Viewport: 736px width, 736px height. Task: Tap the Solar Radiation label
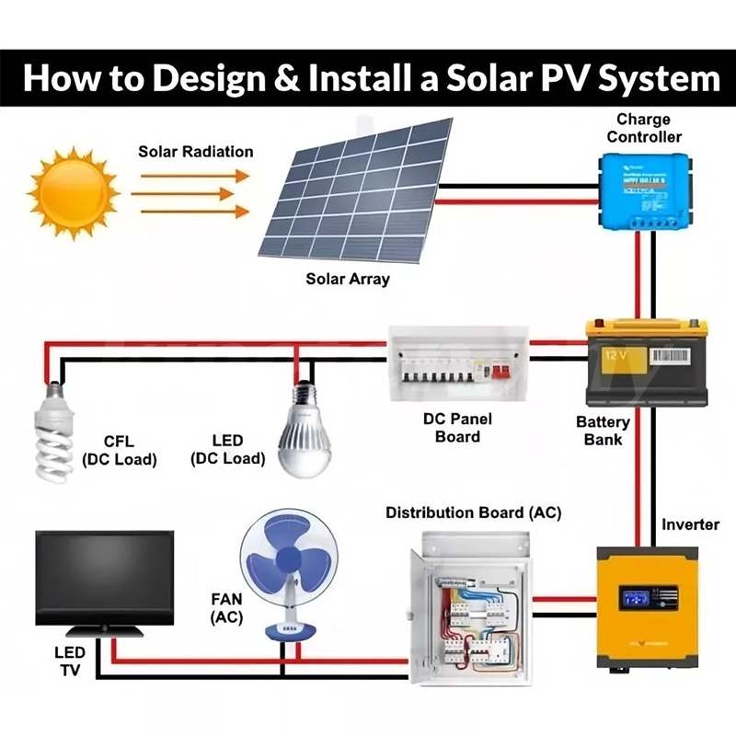point(195,150)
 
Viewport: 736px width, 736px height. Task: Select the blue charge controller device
point(643,191)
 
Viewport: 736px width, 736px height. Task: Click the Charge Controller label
point(644,128)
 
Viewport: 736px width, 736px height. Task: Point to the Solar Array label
point(348,279)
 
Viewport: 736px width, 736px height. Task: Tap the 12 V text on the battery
point(614,354)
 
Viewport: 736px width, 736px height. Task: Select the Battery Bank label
point(604,431)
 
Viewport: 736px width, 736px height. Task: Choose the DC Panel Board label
point(457,427)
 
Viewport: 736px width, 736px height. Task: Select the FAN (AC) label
point(226,607)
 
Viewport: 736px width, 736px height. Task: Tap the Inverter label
point(690,524)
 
